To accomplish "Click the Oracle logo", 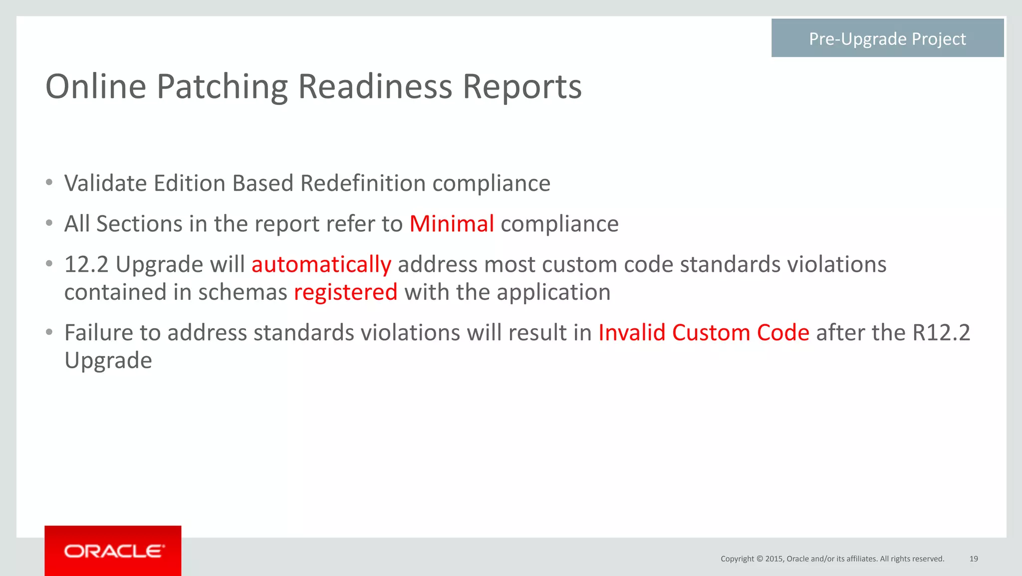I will click(x=113, y=551).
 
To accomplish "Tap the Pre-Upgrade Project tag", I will click(x=887, y=38).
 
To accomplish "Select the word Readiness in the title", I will click(x=375, y=87).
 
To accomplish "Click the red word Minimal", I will click(x=452, y=224).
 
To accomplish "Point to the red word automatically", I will click(x=321, y=265).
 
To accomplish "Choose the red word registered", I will click(x=345, y=292).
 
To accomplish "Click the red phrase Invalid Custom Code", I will click(x=704, y=333).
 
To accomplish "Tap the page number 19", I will click(x=974, y=559).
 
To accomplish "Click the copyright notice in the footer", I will click(x=832, y=559).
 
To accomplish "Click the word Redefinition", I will click(x=363, y=183).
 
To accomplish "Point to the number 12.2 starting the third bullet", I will click(x=86, y=265).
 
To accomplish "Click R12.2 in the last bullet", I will click(x=941, y=333).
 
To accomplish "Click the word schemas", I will click(x=243, y=292).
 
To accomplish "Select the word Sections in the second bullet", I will click(x=139, y=224).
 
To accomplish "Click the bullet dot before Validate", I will click(x=49, y=183).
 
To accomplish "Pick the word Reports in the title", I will click(x=522, y=87).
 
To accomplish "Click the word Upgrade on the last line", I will click(x=108, y=361).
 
